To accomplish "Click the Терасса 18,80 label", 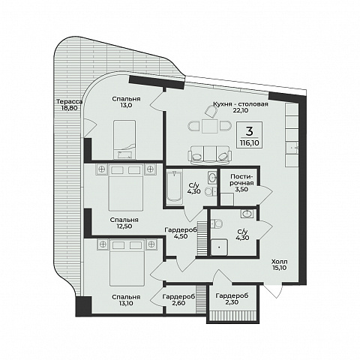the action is [69, 105].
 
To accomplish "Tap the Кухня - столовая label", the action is [241, 104].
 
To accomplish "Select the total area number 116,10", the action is [250, 143].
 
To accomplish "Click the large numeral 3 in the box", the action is [250, 130].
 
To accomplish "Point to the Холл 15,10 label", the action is [280, 265].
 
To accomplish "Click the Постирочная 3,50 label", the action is [241, 183].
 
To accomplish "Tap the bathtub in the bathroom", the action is [175, 186].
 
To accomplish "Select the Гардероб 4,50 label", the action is [181, 233].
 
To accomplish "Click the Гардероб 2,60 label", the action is [178, 300].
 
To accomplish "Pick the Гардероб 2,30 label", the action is [232, 298].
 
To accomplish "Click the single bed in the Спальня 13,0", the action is [124, 139].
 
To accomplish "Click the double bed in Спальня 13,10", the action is [127, 262].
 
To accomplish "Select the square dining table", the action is [210, 126].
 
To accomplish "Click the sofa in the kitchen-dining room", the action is [210, 154].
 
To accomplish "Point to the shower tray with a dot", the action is [219, 247].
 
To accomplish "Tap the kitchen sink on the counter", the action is [292, 148].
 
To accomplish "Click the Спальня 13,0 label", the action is [126, 102].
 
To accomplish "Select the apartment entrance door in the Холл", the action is [273, 291].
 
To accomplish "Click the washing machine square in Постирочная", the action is [227, 199].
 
